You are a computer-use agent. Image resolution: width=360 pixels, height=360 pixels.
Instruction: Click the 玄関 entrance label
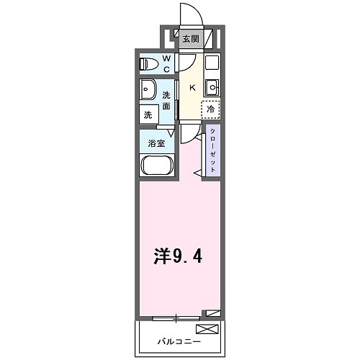tap(190, 40)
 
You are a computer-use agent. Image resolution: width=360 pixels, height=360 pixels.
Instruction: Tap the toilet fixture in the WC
tap(148, 63)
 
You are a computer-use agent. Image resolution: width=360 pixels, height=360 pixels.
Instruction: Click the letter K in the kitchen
tap(192, 87)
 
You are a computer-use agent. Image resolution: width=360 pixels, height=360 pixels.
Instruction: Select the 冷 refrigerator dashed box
tap(210, 109)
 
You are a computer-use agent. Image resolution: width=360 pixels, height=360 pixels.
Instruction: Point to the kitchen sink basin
tap(212, 88)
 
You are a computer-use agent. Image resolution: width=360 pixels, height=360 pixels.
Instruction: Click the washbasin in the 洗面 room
tap(150, 91)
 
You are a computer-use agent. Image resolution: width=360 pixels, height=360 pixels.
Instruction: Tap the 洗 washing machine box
tap(148, 114)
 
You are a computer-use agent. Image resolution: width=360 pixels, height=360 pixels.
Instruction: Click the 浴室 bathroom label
tap(157, 143)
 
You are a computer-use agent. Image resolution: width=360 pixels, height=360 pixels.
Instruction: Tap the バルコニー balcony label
tap(180, 341)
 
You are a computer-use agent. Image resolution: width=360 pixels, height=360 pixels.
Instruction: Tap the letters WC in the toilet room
tap(166, 64)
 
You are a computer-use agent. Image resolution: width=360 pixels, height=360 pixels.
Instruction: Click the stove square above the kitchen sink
tap(212, 62)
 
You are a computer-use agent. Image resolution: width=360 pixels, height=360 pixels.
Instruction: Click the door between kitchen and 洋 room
tap(188, 134)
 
